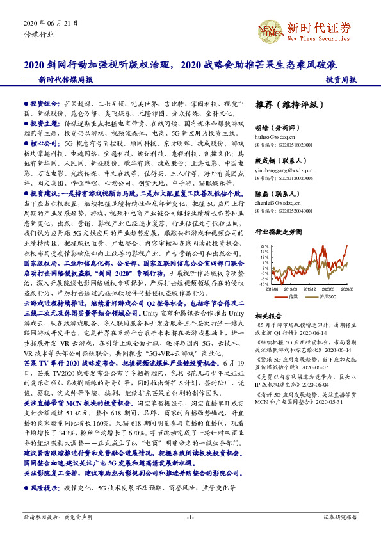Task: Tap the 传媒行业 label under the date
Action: coord(36,34)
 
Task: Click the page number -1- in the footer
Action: coord(190,517)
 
